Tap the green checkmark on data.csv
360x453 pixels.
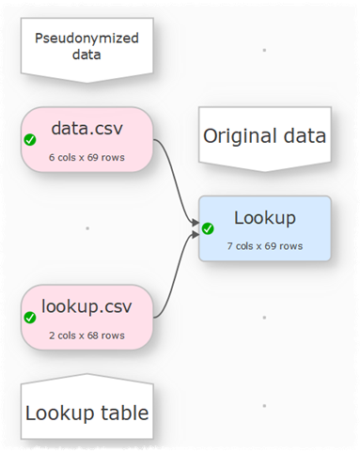coord(30,140)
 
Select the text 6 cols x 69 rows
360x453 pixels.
coord(86,157)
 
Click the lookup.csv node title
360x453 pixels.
coord(86,306)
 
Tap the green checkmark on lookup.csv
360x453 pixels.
coord(30,318)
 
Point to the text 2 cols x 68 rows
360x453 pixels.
coord(86,335)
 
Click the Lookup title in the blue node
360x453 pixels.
coord(264,218)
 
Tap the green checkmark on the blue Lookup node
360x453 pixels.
coord(209,228)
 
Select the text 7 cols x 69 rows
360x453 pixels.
coord(264,246)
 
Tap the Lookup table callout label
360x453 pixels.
coord(86,413)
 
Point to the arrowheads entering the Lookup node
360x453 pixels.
coord(196,226)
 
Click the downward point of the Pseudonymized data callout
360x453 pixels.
coord(86,80)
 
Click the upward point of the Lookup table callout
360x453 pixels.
coord(86,377)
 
